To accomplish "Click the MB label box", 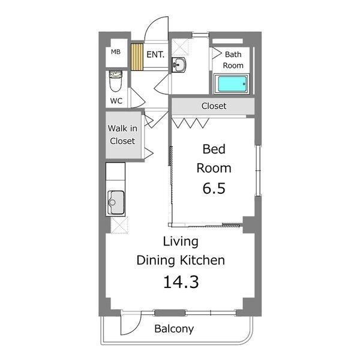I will pos(116,52).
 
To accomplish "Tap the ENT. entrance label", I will pos(155,55).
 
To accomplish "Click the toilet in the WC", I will pos(115,79).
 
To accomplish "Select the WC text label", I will pos(116,101).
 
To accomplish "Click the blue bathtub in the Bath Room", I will pos(232,85).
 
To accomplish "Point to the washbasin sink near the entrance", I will pos(179,64).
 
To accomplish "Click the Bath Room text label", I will pos(233,59).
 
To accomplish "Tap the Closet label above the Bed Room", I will pos(214,106).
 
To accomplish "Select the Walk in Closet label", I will pos(122,135).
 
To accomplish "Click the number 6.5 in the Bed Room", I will pos(214,188).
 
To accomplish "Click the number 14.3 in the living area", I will pos(181,281).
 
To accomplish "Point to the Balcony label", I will pos(174,329).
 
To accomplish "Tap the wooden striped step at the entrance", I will pos(138,58).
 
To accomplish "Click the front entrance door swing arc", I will pos(155,27).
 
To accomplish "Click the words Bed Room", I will pos(214,158).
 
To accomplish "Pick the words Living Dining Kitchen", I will pos(181,251).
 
